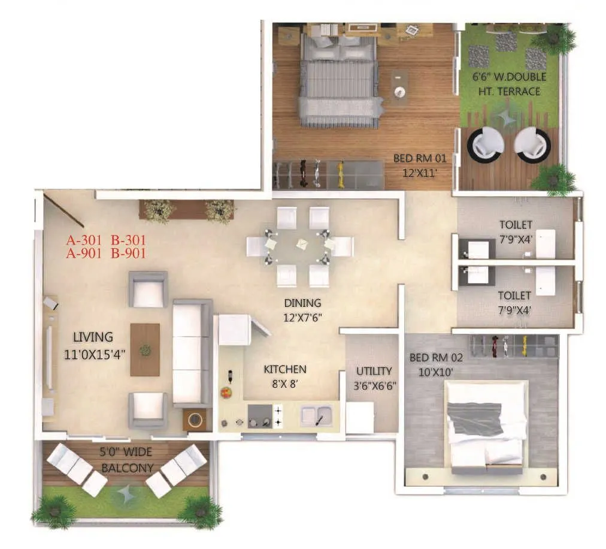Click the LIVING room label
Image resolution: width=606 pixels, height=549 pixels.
(x=92, y=337)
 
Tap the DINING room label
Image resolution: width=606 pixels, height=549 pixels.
(x=302, y=303)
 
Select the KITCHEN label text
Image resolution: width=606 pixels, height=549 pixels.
(x=285, y=369)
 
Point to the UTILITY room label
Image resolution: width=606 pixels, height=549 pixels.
(x=374, y=371)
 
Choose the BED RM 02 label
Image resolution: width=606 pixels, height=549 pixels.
(x=436, y=358)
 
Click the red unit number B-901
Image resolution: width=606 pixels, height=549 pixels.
(x=128, y=252)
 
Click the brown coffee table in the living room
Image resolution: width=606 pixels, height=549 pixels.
(x=145, y=349)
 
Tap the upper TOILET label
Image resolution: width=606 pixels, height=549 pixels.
(x=516, y=225)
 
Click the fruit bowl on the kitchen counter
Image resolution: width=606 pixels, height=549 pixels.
(x=226, y=393)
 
